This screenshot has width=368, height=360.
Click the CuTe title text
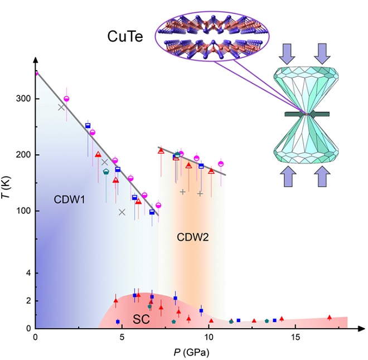[124, 37]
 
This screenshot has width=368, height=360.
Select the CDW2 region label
[192, 237]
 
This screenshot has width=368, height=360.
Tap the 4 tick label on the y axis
[26, 273]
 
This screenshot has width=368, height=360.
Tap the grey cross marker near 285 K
[61, 107]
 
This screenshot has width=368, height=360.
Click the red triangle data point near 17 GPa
[330, 317]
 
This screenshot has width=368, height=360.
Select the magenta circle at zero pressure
[36, 72]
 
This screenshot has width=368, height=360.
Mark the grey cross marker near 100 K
[122, 212]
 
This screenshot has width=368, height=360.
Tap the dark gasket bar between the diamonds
[307, 114]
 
